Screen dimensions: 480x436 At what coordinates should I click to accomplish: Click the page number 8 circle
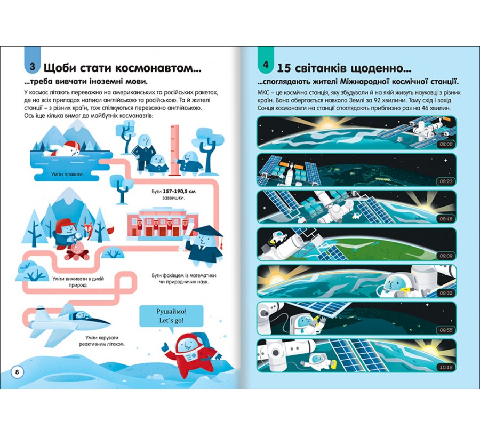[17, 372]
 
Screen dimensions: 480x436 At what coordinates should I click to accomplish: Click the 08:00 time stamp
[446, 144]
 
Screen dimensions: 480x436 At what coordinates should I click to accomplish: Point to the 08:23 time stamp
[446, 181]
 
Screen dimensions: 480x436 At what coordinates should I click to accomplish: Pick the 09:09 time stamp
[446, 256]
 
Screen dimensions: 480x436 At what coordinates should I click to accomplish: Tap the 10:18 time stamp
[446, 367]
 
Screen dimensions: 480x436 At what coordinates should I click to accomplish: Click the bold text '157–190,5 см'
[179, 191]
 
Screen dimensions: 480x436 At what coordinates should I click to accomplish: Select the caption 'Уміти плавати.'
[67, 174]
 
